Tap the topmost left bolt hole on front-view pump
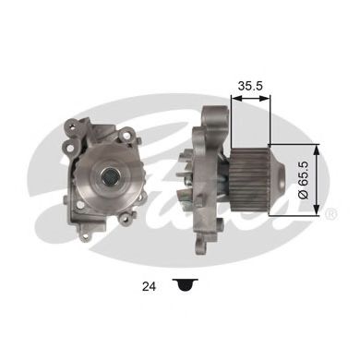point(71,124)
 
